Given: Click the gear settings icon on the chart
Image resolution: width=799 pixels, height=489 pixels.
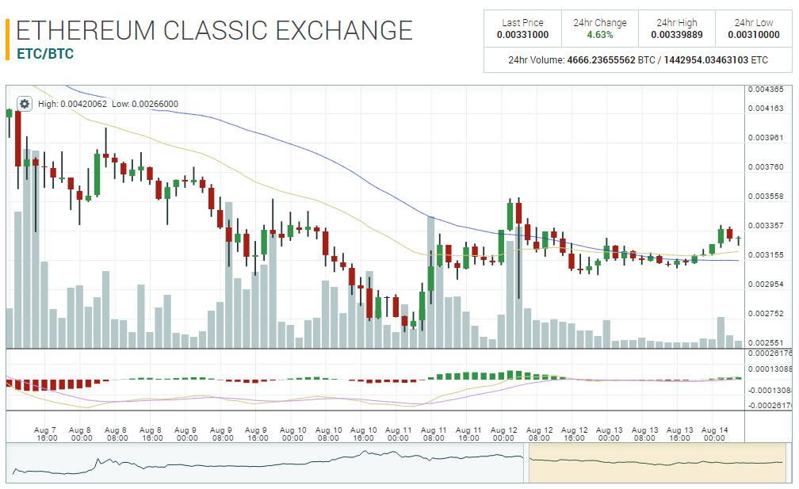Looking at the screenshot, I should click(x=25, y=104).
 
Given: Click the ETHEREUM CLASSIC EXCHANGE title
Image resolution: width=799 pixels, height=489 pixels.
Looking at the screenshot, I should click(x=214, y=31).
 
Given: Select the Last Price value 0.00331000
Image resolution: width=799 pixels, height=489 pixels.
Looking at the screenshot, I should click(x=522, y=35).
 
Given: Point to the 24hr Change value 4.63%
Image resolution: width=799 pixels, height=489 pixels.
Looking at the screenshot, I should click(x=599, y=35).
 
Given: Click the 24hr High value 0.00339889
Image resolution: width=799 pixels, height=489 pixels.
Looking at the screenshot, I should click(x=677, y=35).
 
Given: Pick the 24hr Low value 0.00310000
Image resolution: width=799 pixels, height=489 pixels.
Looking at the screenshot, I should click(x=753, y=35).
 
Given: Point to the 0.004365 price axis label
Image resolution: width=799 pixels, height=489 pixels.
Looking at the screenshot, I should click(x=766, y=90).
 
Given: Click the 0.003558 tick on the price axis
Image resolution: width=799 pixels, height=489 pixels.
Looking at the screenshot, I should click(x=766, y=197).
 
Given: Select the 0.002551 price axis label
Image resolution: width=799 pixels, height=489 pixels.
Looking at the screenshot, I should click(x=766, y=342).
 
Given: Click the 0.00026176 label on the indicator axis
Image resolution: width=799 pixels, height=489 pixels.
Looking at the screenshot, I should click(x=770, y=353).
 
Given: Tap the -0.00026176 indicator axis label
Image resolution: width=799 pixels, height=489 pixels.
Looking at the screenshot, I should click(x=770, y=405).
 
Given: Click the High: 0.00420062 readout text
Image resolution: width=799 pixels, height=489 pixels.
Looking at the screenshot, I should click(x=72, y=104).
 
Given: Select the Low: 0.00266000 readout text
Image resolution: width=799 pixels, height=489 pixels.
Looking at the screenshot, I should click(x=145, y=104).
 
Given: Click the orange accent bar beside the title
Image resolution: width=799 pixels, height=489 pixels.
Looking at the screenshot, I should click(x=7, y=39).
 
